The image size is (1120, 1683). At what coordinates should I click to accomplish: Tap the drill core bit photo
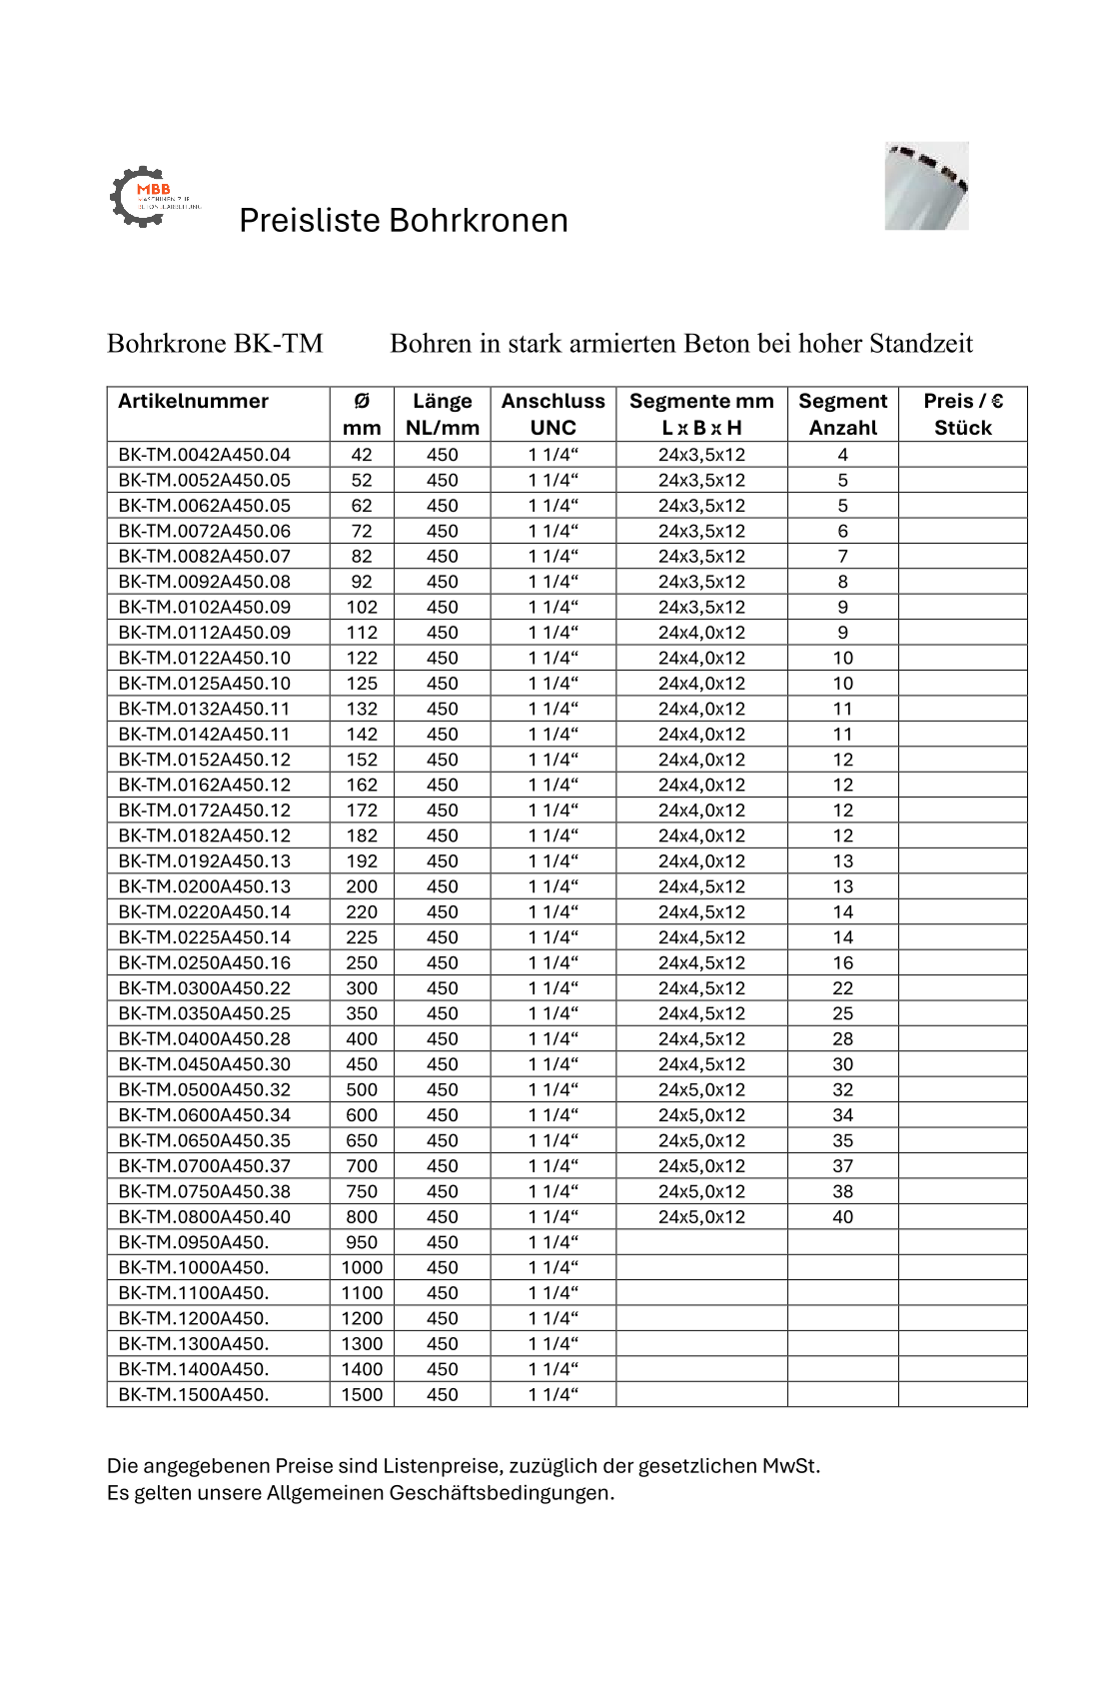[926, 186]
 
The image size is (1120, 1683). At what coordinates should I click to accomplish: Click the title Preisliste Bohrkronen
[403, 220]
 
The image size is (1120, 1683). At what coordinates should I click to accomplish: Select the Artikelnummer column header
[193, 402]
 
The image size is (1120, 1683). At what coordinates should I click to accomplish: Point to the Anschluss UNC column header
[553, 414]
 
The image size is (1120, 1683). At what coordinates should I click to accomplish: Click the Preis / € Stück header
[962, 414]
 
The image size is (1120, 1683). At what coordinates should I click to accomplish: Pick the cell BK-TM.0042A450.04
[204, 455]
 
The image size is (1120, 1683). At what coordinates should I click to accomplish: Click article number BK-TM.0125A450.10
[204, 684]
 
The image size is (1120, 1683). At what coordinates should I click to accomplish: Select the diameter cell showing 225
[362, 937]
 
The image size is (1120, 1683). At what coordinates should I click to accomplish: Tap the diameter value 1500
[362, 1394]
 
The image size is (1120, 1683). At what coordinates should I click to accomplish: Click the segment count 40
[842, 1216]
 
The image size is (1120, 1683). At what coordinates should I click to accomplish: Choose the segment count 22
[842, 988]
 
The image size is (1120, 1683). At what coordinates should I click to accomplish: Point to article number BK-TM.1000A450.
[193, 1267]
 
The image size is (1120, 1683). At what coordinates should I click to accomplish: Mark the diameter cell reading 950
[362, 1242]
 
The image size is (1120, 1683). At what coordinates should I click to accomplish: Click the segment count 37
[842, 1166]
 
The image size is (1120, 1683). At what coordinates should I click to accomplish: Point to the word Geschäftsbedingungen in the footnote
[502, 1493]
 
